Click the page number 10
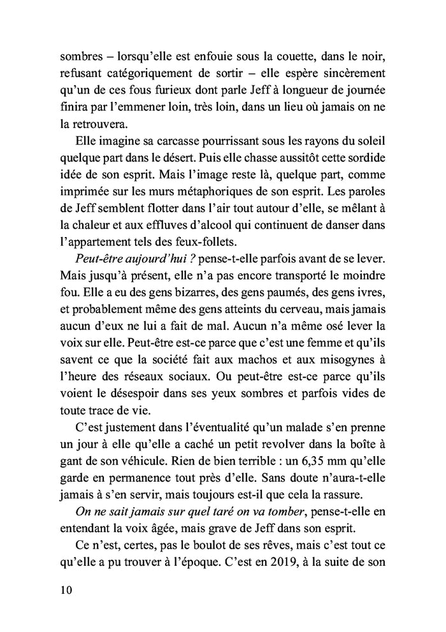click(x=64, y=590)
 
